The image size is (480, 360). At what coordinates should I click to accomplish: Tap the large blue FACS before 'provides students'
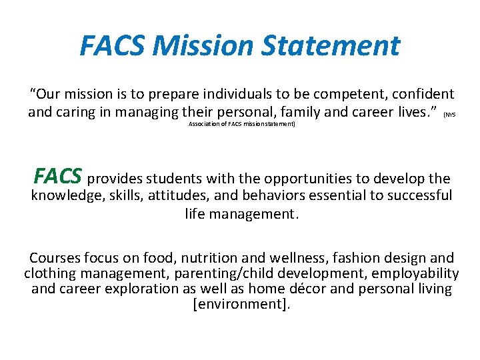pos(58,176)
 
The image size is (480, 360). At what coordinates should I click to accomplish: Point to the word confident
pos(421,95)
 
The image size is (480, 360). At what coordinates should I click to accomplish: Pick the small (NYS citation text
pos(450,115)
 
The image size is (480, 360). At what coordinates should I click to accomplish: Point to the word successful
pos(417,196)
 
